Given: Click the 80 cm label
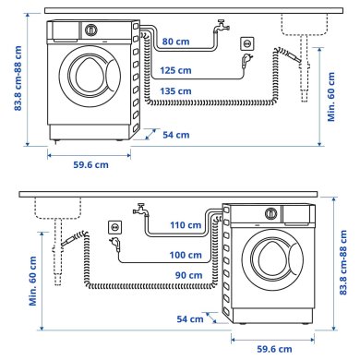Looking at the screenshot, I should tap(174, 42).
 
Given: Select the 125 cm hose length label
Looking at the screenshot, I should tap(174, 69).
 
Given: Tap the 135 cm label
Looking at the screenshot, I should tap(174, 91).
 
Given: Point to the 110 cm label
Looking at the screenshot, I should tap(186, 224).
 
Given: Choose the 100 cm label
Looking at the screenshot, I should tap(186, 254).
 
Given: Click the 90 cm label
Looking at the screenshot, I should tap(187, 275).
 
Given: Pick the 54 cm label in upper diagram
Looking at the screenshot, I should tap(175, 135).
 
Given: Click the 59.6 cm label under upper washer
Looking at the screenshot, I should tap(89, 164).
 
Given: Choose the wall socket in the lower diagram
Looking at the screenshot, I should tap(114, 226).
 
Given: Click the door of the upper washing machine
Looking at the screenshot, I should tap(90, 83).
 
